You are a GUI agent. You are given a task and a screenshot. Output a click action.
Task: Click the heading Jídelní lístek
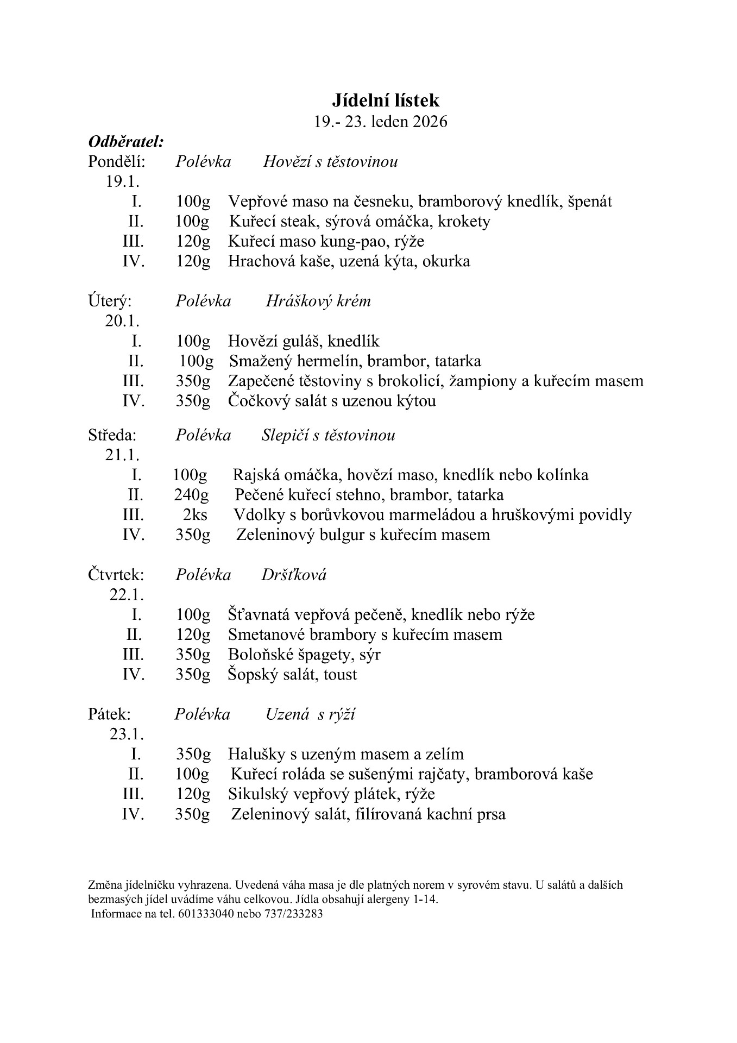click(x=385, y=100)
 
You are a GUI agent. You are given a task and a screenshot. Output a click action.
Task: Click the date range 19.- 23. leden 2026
click(x=381, y=122)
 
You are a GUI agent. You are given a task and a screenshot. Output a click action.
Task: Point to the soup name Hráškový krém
click(x=318, y=301)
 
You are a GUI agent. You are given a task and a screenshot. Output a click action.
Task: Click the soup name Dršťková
click(x=294, y=575)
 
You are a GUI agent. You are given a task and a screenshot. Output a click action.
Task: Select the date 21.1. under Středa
click(x=122, y=455)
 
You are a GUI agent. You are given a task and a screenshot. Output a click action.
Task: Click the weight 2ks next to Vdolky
click(x=195, y=514)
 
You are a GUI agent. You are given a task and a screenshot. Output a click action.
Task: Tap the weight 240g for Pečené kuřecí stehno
click(x=191, y=495)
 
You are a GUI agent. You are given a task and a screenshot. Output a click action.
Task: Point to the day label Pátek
click(x=109, y=714)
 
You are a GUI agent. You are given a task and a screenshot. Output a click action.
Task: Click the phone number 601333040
click(x=205, y=914)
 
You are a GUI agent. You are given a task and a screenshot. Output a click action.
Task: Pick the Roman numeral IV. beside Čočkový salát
click(x=134, y=401)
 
